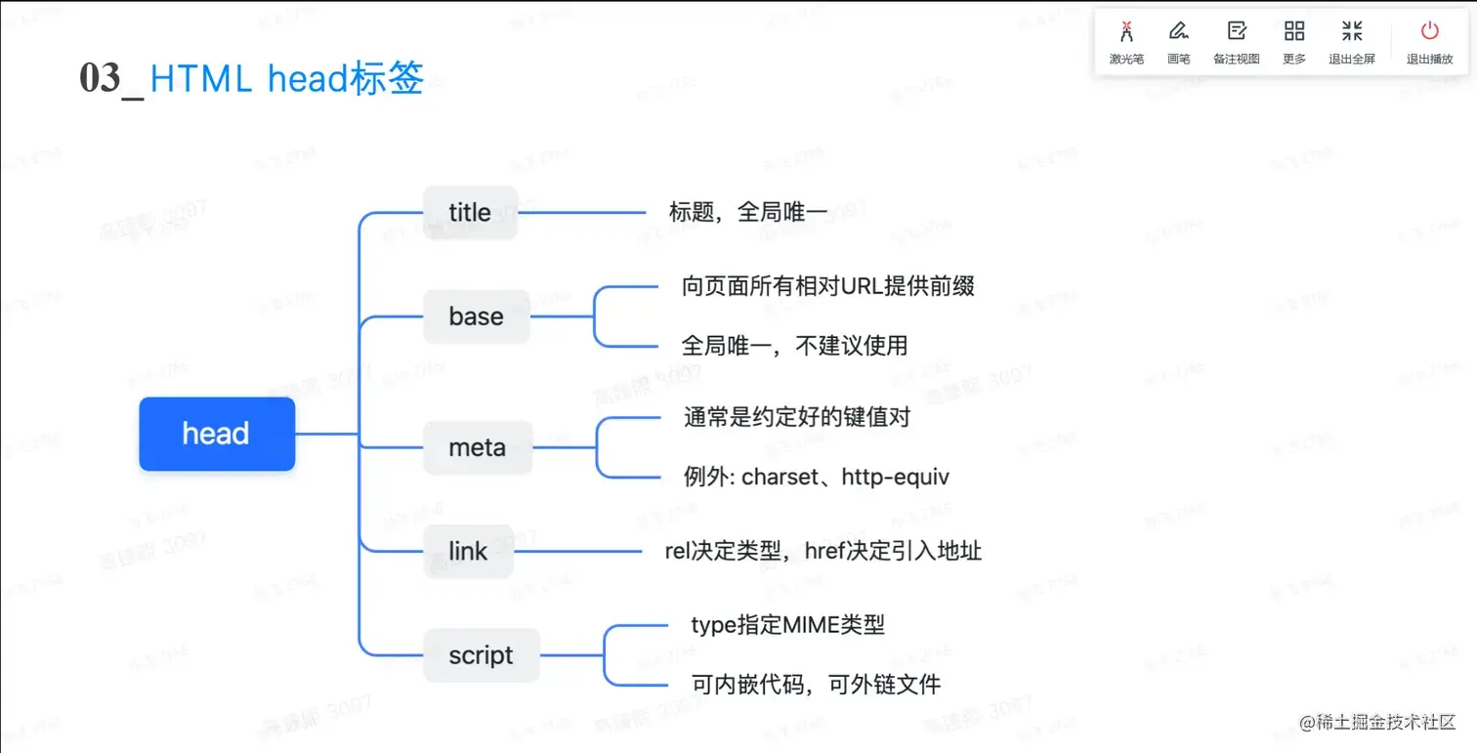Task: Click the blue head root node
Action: (217, 434)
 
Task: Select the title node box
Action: (470, 212)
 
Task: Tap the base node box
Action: (477, 316)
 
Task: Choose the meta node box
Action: (478, 448)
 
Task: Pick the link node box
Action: (468, 551)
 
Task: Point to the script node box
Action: (481, 655)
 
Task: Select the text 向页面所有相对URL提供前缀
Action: (828, 286)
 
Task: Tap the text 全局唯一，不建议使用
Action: (794, 345)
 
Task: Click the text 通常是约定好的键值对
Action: (797, 418)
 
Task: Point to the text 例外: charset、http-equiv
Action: (817, 477)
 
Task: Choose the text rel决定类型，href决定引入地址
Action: (823, 551)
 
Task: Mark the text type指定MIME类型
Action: (787, 625)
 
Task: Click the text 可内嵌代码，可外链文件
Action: (816, 684)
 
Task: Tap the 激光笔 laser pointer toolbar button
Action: (1126, 42)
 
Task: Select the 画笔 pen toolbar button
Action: (1179, 42)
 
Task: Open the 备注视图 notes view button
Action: (1237, 42)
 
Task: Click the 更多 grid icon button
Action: (1294, 42)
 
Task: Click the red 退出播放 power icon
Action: (1429, 31)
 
